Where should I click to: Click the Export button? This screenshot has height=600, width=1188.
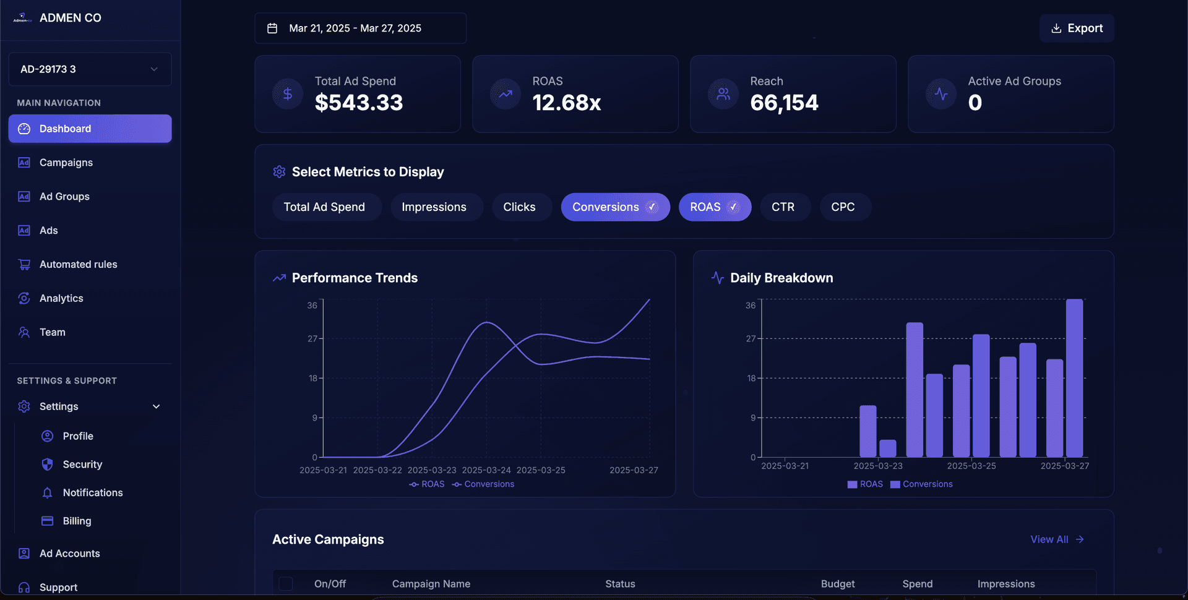coord(1077,28)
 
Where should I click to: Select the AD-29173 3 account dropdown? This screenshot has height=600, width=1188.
coord(90,69)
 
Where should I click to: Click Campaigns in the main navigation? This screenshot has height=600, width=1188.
coord(66,163)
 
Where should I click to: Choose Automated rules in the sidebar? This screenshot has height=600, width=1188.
coord(78,264)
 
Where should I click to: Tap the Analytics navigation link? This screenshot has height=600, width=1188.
coord(61,298)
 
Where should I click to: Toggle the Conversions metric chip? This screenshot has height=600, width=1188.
coord(614,207)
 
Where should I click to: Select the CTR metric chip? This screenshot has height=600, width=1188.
coord(783,207)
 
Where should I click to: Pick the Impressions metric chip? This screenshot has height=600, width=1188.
coord(434,207)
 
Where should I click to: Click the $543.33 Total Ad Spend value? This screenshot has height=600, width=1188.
coord(358,103)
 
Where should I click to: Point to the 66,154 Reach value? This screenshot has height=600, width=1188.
coord(784,103)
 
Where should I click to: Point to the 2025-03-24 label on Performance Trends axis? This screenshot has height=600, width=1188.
coord(486,470)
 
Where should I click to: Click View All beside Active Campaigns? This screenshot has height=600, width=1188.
coord(1057,539)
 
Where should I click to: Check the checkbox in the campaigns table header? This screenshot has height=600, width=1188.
coord(286,584)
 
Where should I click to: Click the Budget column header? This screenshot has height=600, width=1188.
coord(837,584)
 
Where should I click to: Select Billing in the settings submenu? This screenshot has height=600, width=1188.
coord(77,521)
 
